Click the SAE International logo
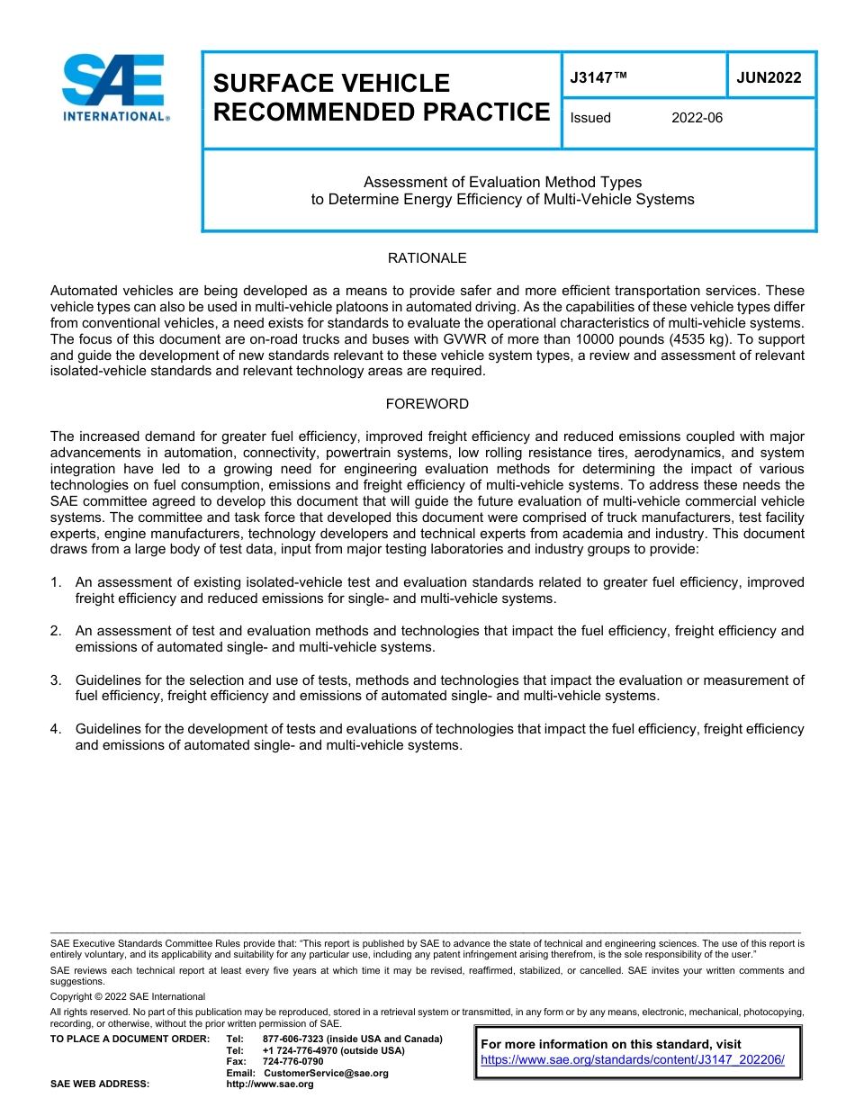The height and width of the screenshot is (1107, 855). click(112, 87)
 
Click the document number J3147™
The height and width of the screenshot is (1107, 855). click(598, 77)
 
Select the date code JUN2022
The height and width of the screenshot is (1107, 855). click(769, 77)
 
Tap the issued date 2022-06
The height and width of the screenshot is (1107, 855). click(697, 118)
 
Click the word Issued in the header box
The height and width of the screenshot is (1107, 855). click(590, 118)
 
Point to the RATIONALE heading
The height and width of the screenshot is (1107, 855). click(427, 258)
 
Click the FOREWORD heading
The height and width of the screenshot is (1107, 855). click(427, 404)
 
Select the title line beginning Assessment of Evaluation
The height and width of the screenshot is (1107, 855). click(502, 182)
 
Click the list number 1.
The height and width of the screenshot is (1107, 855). click(55, 583)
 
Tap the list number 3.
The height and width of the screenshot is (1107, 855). click(55, 680)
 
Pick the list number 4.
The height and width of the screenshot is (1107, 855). click(55, 729)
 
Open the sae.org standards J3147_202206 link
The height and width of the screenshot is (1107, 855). click(632, 1060)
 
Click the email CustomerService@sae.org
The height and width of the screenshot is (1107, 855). click(326, 1073)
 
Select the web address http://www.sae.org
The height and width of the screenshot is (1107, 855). click(270, 1084)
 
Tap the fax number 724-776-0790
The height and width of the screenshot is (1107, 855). click(292, 1061)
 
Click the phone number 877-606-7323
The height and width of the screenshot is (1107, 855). click(292, 1039)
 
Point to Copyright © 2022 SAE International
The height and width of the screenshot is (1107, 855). click(128, 996)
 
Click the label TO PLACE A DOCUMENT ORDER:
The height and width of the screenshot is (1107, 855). click(130, 1039)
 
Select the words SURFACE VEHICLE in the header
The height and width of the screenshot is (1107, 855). click(331, 84)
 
